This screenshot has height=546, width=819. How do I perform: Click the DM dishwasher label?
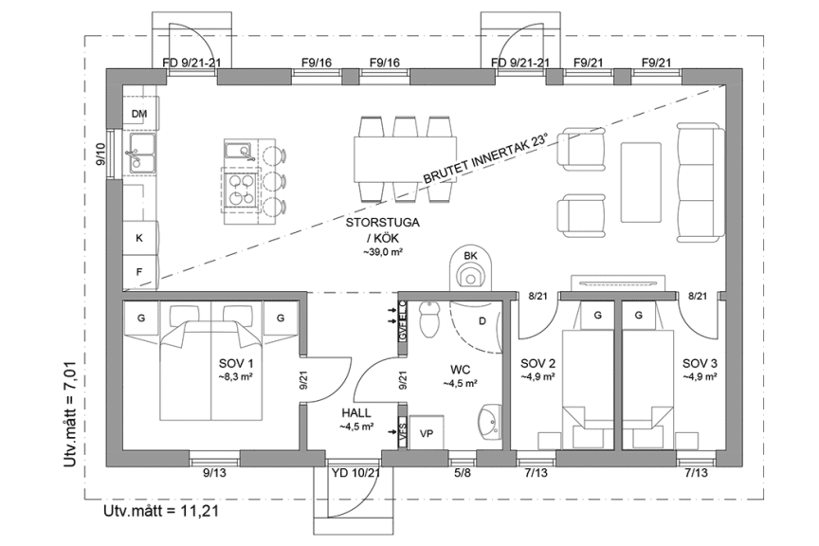[139, 115]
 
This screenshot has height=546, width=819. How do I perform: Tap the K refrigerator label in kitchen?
[139, 238]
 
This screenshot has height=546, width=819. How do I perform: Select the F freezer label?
[139, 271]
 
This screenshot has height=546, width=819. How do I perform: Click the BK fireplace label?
[470, 256]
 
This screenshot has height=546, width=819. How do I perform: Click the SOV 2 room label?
[538, 364]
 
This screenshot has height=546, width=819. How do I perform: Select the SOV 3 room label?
[700, 364]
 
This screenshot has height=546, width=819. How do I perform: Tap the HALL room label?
[355, 414]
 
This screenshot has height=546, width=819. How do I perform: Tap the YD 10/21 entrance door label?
[355, 473]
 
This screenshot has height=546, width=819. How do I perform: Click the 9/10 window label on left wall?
[100, 155]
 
